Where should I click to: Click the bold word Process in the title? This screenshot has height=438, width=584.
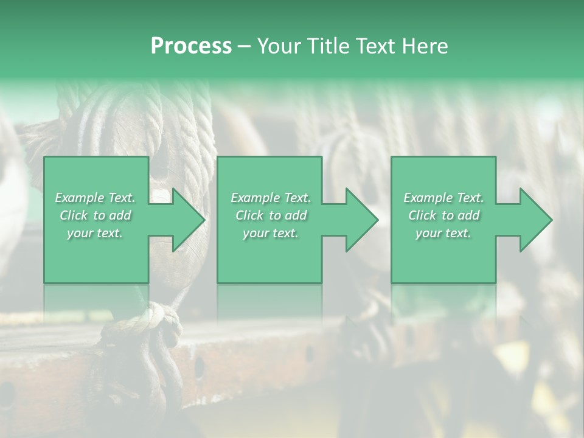coord(191,46)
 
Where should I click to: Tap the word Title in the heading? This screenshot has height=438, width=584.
coord(327,46)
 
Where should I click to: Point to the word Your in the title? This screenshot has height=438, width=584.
coord(279,46)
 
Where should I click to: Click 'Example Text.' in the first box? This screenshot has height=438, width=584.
coord(96,198)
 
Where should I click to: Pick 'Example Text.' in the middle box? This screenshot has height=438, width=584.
coord(271,198)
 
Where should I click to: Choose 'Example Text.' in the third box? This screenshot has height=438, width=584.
coord(443,198)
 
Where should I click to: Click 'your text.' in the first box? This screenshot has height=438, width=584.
coord(96,233)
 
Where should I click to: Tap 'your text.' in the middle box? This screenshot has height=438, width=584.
coord(271,233)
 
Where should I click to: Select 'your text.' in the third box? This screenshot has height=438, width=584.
coord(443,233)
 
